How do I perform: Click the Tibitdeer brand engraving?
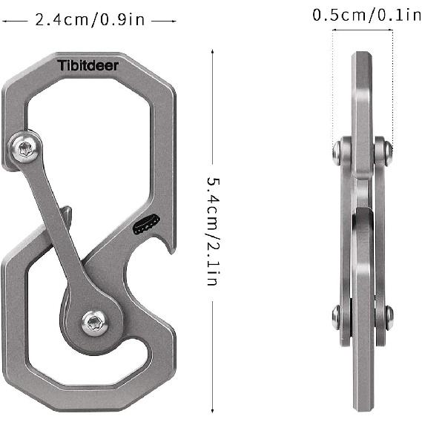click(88, 65)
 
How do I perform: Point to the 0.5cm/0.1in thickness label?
click(366, 15)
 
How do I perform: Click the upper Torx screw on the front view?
click(26, 149)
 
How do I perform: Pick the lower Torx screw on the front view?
click(95, 323)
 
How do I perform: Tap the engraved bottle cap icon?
click(146, 225)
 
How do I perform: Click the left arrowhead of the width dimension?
click(4, 21)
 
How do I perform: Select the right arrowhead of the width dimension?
click(174, 21)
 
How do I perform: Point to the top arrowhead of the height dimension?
click(213, 52)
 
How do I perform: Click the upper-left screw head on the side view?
click(338, 152)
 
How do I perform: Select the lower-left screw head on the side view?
click(338, 317)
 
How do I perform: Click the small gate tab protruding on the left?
click(67, 217)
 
